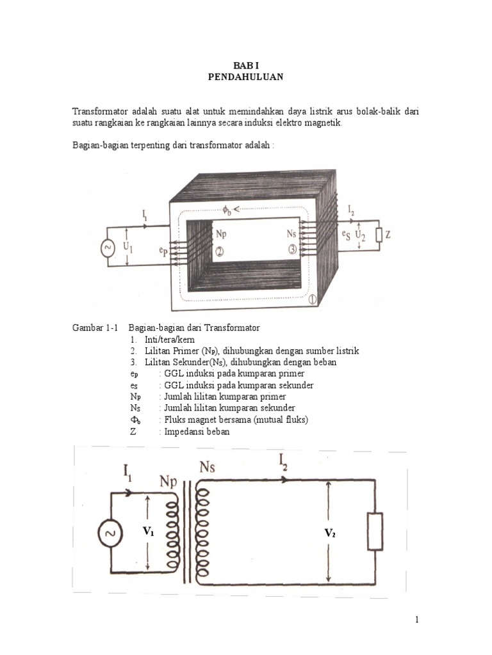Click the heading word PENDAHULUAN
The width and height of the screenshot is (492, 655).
pyautogui.click(x=246, y=77)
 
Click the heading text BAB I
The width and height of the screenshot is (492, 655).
pyautogui.click(x=246, y=65)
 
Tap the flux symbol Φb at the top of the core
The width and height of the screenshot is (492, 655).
pyautogui.click(x=227, y=209)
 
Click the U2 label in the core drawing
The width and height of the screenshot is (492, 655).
pyautogui.click(x=361, y=235)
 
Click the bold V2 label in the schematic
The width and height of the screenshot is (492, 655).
pyautogui.click(x=330, y=532)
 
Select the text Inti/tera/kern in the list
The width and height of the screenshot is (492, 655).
pyautogui.click(x=168, y=340)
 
